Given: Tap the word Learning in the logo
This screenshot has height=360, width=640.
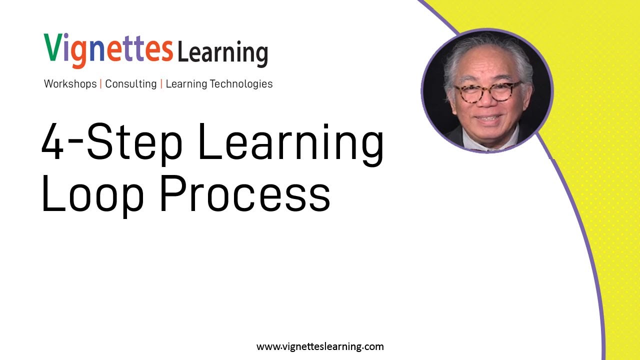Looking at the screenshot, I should pos(222,52).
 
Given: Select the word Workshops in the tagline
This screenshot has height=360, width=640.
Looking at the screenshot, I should pos(70,84).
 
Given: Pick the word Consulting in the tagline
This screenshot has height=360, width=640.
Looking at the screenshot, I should pos(130,84).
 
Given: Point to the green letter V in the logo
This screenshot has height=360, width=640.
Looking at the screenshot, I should pos(53,48).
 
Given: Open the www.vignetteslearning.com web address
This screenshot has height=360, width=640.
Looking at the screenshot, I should pos(320,346).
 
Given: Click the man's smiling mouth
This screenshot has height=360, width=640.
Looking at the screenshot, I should pos(488,118).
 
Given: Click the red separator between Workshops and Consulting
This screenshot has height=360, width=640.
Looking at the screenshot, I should pos(101,84).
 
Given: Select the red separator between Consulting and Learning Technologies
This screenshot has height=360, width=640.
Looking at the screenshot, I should pos(161,84).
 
